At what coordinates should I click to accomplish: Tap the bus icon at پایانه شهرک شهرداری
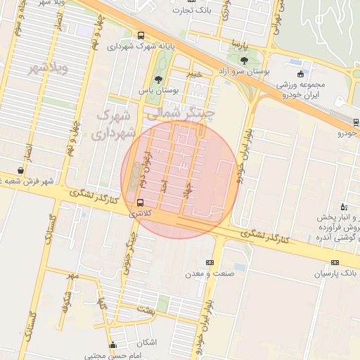(141, 35)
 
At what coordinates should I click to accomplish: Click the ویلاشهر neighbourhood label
(47, 69)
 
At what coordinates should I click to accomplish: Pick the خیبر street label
(194, 72)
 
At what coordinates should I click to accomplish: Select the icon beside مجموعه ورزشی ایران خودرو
(300, 73)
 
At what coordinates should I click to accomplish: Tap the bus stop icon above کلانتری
(141, 202)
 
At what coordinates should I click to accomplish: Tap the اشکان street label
(150, 342)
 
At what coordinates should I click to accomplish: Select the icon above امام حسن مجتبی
(112, 345)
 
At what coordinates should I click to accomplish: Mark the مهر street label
(72, 274)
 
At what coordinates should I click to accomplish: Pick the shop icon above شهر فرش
(22, 170)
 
